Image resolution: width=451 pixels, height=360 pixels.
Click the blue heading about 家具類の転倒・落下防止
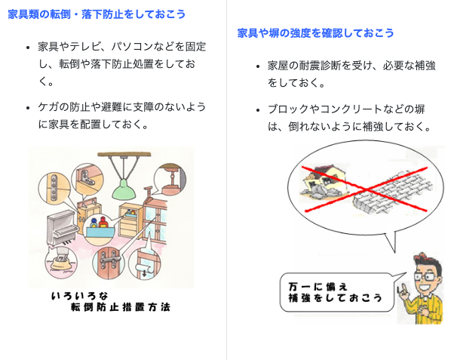[x=97, y=14]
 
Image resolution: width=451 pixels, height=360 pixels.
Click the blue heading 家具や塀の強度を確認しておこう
[x=315, y=33]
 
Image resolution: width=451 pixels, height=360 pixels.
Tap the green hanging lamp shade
[x=124, y=190]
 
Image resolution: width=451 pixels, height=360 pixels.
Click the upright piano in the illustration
[x=63, y=228]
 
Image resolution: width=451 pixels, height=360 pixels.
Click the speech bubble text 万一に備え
[x=318, y=287]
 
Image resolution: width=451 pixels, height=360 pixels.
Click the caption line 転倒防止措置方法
[x=121, y=307]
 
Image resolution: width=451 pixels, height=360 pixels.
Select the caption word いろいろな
[x=80, y=296]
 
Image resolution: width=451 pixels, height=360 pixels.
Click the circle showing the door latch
[x=109, y=262]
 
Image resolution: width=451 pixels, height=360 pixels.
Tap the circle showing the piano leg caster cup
[x=61, y=262]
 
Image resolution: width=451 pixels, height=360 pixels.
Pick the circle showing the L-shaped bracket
[x=87, y=179]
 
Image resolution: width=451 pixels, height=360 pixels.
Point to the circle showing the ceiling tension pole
[x=170, y=180]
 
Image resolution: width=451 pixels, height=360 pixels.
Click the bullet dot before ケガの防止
[x=28, y=108]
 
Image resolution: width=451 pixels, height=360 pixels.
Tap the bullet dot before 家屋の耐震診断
[x=258, y=66]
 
